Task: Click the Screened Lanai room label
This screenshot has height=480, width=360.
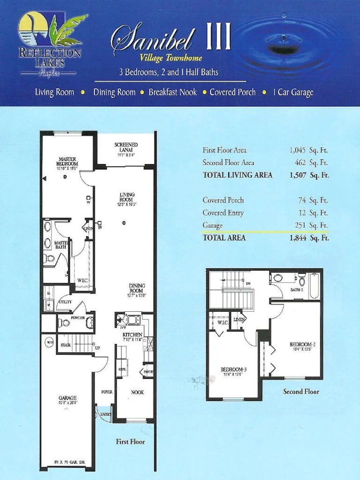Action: coord(126,147)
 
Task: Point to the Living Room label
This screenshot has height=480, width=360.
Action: coord(127,197)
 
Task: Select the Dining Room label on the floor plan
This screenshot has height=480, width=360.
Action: coord(137,288)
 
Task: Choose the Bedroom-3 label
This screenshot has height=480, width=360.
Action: coord(233,370)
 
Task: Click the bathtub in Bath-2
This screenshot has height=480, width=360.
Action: coord(314,285)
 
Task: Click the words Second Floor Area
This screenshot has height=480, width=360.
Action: coord(228,163)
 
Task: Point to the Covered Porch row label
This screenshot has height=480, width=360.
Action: coord(223,200)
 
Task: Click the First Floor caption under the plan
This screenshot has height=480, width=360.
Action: coord(130,442)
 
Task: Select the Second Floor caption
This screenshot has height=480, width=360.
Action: coord(301,391)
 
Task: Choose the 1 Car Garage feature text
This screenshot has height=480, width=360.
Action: coord(293,92)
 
